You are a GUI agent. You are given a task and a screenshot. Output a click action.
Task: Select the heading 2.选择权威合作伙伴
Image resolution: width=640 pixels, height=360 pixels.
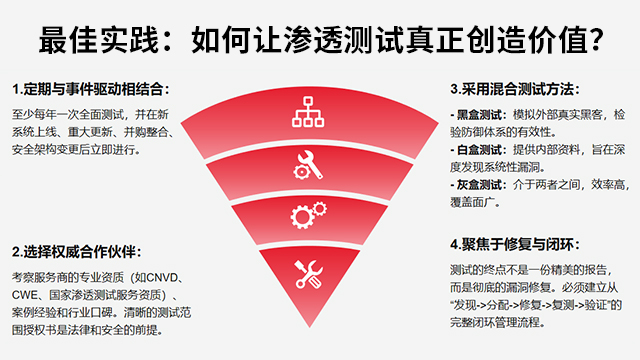click(x=77, y=251)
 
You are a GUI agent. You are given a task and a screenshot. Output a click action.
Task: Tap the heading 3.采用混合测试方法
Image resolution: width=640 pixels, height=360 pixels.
click(x=515, y=89)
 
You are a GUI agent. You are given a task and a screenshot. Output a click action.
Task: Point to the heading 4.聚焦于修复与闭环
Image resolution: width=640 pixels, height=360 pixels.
click(x=515, y=244)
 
